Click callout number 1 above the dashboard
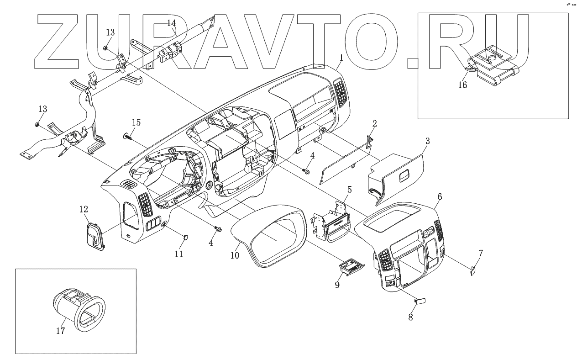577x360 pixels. click(x=341, y=58)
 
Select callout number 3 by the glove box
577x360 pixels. click(x=427, y=141)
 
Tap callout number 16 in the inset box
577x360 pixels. click(x=462, y=85)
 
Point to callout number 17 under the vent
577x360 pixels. click(x=60, y=331)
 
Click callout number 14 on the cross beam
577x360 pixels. click(x=171, y=23)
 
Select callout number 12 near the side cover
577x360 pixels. click(x=84, y=209)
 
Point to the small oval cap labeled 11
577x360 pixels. click(x=186, y=237)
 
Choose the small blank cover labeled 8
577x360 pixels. click(x=420, y=300)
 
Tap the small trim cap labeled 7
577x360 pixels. click(x=473, y=270)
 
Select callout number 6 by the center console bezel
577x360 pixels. click(x=439, y=196)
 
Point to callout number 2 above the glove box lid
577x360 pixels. click(x=374, y=123)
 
